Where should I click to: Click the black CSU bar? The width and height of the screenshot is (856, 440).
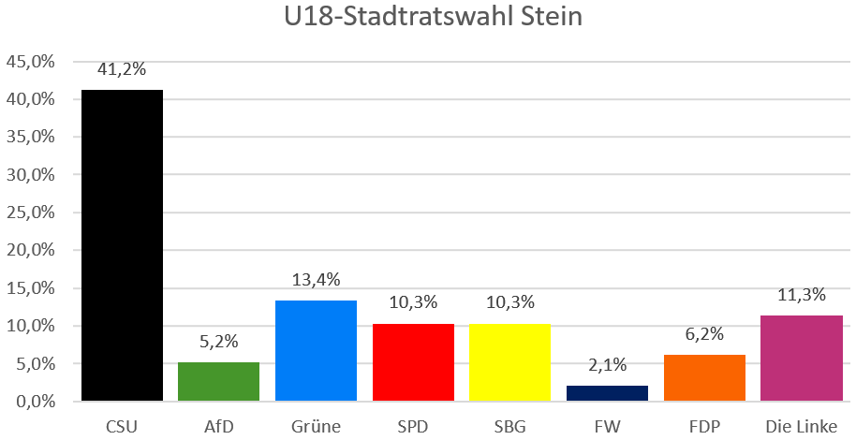point(122,245)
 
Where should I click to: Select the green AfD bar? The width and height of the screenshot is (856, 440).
point(219,382)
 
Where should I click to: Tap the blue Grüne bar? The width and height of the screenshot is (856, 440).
point(316,350)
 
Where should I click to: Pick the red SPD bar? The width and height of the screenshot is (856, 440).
point(413,362)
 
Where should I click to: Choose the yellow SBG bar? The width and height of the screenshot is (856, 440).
point(509,362)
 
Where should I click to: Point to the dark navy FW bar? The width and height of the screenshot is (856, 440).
point(607,393)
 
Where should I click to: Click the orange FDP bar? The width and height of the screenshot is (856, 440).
point(704,378)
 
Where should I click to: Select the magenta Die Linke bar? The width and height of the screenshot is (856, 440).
point(802,359)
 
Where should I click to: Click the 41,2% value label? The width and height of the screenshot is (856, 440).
point(122,68)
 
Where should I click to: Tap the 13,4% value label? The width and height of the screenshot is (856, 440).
point(316,279)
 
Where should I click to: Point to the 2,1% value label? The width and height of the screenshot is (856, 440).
point(607,364)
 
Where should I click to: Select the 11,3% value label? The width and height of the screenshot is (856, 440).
point(802,295)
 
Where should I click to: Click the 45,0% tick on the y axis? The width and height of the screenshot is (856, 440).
point(31,62)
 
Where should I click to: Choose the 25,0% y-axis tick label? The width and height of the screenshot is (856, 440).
point(31,213)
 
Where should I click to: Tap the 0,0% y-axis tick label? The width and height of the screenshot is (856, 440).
point(35,402)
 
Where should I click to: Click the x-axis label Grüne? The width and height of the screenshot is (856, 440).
point(316,427)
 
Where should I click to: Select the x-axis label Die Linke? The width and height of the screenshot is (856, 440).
point(802,427)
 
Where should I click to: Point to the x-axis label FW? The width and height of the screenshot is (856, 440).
point(607,427)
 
